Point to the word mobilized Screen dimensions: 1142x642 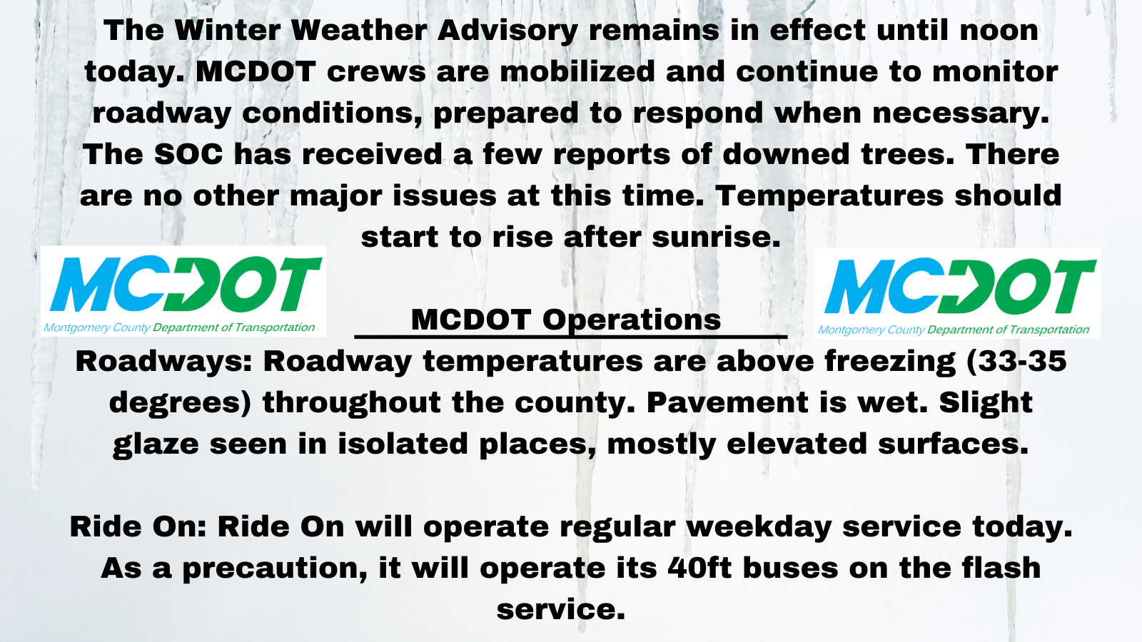coord(577,71)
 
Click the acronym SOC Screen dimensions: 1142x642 coord(188,154)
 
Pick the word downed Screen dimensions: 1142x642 coord(786,154)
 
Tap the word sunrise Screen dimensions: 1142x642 coord(716,237)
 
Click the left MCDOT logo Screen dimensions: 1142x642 coord(183,291)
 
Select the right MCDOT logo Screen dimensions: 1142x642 coord(957,293)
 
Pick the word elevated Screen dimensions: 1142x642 coord(797,444)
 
